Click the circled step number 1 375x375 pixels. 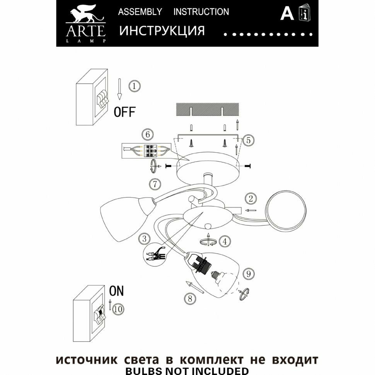[x=134, y=85]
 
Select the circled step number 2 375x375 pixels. [x=251, y=199]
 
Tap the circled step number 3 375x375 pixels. [x=144, y=239]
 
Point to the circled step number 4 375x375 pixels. [x=225, y=242]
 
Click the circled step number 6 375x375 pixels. [x=146, y=135]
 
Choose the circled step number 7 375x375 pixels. [x=155, y=184]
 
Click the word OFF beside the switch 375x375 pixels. [x=124, y=112]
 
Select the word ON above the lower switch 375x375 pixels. [x=116, y=290]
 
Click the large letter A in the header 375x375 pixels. [x=286, y=14]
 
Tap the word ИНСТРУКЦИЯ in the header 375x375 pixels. [x=162, y=31]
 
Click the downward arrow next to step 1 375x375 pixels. [x=120, y=88]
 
